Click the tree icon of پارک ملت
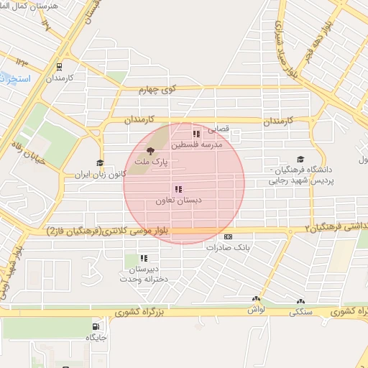click(x=150, y=150)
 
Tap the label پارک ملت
click(x=155, y=163)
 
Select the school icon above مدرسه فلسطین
click(x=195, y=134)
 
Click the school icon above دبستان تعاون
click(x=178, y=189)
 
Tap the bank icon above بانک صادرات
click(x=229, y=236)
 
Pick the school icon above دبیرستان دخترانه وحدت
click(x=144, y=258)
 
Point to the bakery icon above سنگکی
click(x=300, y=303)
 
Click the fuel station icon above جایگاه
click(x=96, y=325)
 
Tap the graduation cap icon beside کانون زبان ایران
click(x=100, y=163)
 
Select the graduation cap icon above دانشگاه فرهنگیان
click(x=300, y=160)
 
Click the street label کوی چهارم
click(x=158, y=91)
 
